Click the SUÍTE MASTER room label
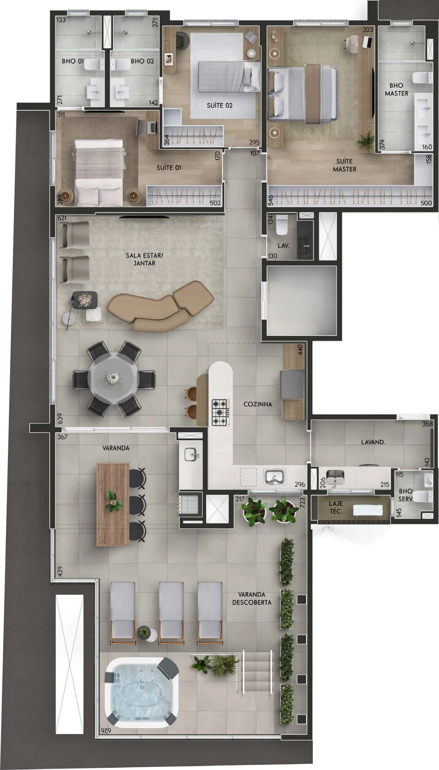coord(344,165)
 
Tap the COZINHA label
coord(257,404)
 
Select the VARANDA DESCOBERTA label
coord(252,598)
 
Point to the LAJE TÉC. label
coord(336,507)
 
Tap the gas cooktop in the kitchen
coord(220,412)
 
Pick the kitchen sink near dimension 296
coord(274,476)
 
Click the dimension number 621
coord(62,218)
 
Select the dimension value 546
coord(271,200)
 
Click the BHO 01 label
coord(73,61)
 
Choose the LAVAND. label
coord(373,442)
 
